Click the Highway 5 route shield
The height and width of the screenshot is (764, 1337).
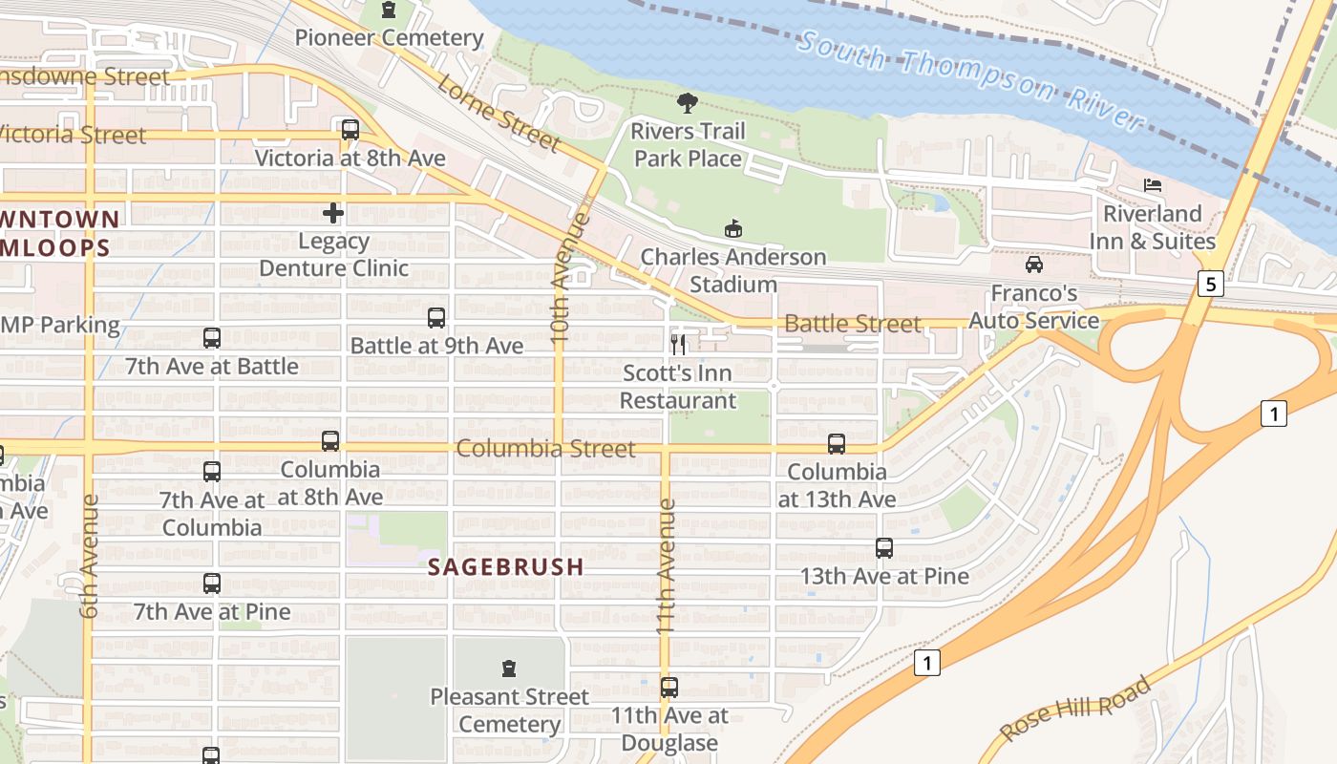tap(1211, 284)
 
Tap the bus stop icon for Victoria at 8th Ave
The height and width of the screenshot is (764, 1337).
tap(350, 130)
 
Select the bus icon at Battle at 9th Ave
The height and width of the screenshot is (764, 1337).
tap(436, 318)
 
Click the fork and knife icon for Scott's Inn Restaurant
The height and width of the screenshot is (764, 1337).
tap(679, 344)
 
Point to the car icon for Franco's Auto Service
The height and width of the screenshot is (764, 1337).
tap(1034, 265)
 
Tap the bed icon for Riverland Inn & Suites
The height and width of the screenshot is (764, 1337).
tap(1153, 185)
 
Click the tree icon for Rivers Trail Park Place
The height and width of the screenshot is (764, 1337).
tap(687, 103)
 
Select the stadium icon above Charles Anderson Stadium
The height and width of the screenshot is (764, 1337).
tap(732, 229)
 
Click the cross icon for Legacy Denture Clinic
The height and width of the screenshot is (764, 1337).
tap(333, 213)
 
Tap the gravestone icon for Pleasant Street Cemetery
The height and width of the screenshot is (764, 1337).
tap(509, 668)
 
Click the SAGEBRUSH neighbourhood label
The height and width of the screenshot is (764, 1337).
tap(505, 567)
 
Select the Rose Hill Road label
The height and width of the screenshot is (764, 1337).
tap(1076, 708)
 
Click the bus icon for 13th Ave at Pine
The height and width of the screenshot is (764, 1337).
tap(884, 548)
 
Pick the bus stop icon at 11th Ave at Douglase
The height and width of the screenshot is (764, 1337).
tap(669, 688)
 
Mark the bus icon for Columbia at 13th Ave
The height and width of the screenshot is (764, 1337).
tap(837, 444)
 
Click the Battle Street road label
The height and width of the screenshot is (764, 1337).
tap(852, 324)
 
